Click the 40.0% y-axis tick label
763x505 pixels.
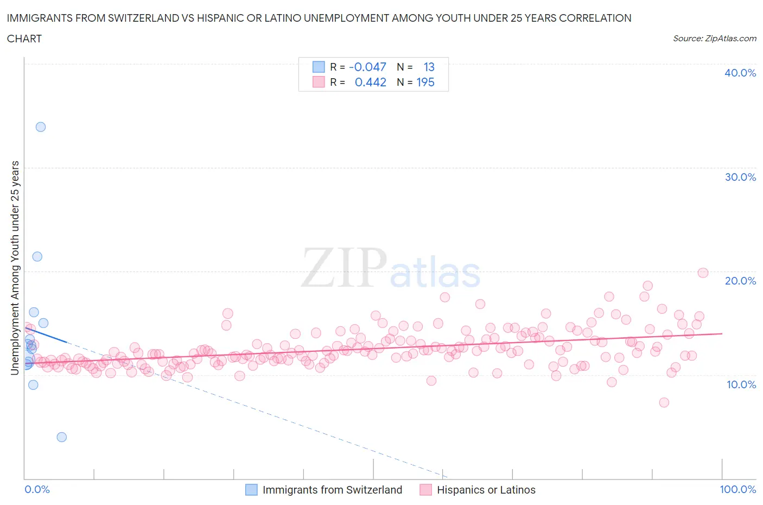pos(740,73)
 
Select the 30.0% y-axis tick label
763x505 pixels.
pos(740,177)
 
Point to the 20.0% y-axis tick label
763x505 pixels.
pos(740,281)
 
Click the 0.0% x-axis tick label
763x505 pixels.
pos(37,489)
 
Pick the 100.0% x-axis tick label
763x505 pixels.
pos(737,489)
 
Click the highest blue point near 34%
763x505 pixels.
pos(41,127)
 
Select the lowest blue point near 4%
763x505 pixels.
pos(62,437)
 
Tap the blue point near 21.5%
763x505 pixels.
pos(37,257)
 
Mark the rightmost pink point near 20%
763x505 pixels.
pos(703,273)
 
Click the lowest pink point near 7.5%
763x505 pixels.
pos(664,402)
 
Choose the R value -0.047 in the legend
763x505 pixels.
pos(367,67)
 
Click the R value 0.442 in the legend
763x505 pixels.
pos(370,82)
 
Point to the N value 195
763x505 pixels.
pos(425,82)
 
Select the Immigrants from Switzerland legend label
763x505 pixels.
pos(332,490)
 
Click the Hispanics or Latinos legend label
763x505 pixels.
pos(486,490)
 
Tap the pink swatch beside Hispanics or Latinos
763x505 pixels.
pos(425,490)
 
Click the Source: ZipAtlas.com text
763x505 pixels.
pos(714,39)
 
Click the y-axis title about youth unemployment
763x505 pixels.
pos(15,268)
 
